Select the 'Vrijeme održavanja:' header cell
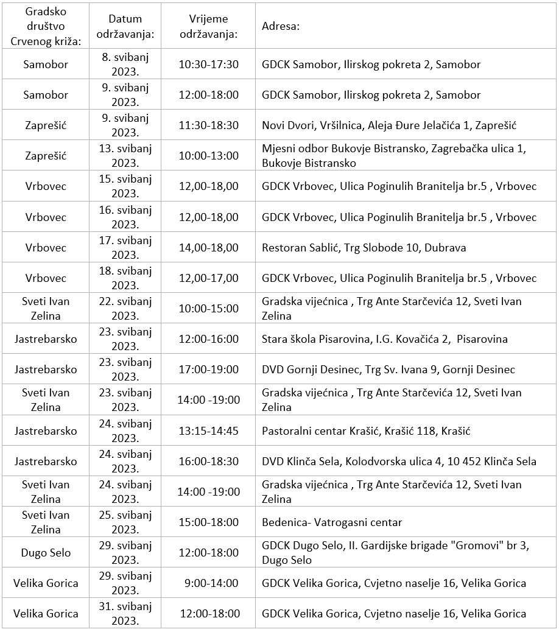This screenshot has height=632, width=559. coord(209,27)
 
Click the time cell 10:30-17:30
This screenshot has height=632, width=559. coord(209,65)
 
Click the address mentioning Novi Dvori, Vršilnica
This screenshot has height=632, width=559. coord(388,125)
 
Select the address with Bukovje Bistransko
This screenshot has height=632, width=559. coord(393,156)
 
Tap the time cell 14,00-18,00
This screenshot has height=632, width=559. coord(209,248)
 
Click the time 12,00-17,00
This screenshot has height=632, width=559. coord(209,278)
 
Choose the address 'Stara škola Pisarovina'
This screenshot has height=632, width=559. coord(384,339)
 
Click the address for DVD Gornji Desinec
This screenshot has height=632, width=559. coord(388,370)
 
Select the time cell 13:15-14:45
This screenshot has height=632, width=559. coord(209,431)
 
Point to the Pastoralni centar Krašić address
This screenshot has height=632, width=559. coord(366,431)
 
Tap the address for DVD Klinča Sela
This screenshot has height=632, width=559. coord(399,462)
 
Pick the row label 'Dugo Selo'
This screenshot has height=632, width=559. coord(46,553)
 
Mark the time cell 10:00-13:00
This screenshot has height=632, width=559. coord(209,156)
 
